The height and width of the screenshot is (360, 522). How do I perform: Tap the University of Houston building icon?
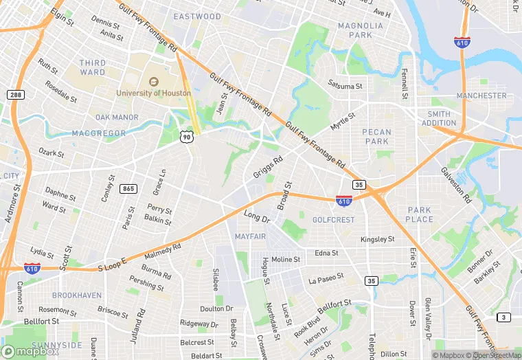click(x=153, y=80)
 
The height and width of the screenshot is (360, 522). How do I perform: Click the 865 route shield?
click(x=128, y=188)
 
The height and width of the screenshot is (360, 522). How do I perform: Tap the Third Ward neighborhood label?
click(x=93, y=67)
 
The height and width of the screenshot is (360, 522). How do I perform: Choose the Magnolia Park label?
click(x=355, y=30)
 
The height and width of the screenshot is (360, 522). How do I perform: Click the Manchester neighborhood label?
click(x=481, y=95)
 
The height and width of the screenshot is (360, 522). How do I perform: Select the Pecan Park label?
click(x=377, y=136)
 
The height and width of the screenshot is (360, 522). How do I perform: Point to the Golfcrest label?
click(x=333, y=220)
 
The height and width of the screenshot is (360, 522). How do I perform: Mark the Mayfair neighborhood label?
click(x=249, y=236)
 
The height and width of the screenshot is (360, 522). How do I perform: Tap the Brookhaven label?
click(x=77, y=295)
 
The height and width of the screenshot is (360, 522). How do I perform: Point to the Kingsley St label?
click(x=378, y=239)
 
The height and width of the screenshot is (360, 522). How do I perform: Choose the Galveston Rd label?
click(x=456, y=185)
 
